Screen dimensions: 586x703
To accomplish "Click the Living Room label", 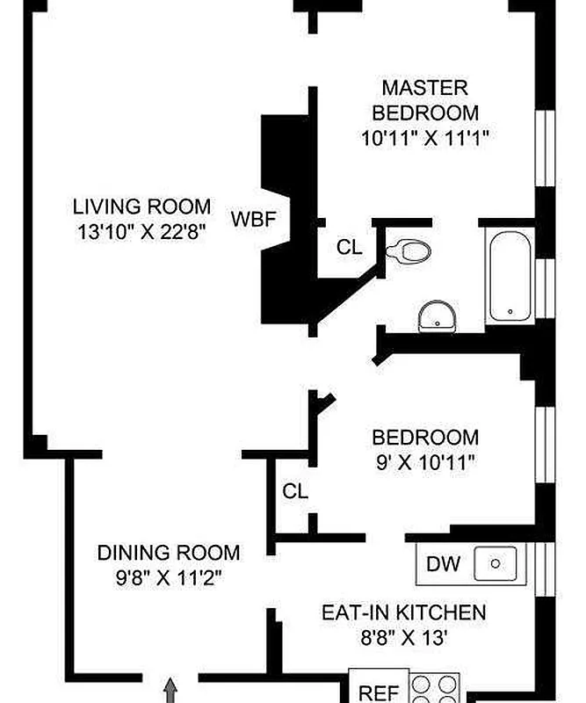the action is tap(141, 207).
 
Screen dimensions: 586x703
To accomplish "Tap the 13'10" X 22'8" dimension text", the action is tap(141, 232).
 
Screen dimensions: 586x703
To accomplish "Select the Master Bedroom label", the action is tap(425, 100).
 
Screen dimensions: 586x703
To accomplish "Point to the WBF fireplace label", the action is tap(253, 219).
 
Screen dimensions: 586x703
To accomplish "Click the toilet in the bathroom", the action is tap(408, 251).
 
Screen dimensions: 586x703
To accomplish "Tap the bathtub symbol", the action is tap(510, 276).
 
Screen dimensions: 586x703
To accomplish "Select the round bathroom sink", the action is tap(438, 316).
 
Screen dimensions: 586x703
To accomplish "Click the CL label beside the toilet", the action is tap(350, 247).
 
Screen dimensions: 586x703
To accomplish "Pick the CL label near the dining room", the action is tap(295, 491).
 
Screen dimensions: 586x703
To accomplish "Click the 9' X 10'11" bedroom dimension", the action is tap(425, 462).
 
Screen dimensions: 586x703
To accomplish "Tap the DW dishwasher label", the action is tap(443, 564).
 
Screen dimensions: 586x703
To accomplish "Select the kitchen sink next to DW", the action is tap(495, 563).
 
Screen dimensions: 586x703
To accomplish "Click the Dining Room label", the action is tap(169, 553).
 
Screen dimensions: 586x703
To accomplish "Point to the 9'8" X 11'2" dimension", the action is tap(169, 578).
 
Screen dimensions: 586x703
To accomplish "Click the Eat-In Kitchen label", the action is tap(403, 612).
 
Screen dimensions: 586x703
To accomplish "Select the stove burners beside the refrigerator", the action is tap(435, 688).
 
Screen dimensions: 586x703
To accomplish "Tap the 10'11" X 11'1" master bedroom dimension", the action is tap(424, 138).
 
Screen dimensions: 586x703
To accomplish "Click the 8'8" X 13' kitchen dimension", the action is tap(403, 638).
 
